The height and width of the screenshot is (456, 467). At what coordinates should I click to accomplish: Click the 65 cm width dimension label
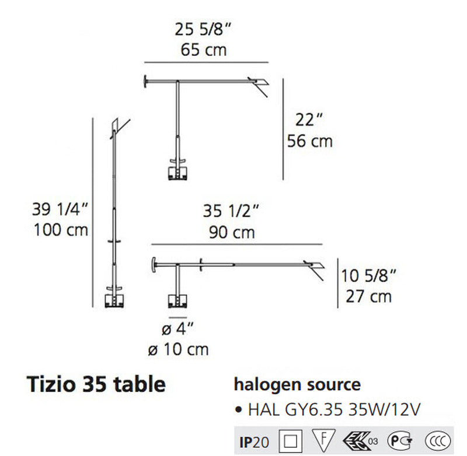coord(203,50)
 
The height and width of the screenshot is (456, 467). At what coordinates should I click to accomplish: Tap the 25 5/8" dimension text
coord(203,30)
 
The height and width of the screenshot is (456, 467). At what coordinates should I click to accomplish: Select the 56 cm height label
coord(310,141)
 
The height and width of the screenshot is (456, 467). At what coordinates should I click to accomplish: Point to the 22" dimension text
coord(309,120)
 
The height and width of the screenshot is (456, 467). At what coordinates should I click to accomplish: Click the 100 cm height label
coord(61,230)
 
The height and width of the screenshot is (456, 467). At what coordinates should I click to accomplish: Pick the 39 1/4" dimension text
coord(60,209)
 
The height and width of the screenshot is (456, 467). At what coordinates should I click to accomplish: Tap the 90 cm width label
coord(232,232)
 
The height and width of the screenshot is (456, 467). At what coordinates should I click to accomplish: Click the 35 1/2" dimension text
coord(231,211)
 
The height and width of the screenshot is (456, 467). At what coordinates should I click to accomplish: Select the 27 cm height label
coord(368,297)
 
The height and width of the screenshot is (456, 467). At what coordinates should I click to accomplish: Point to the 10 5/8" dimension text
coord(368,276)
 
